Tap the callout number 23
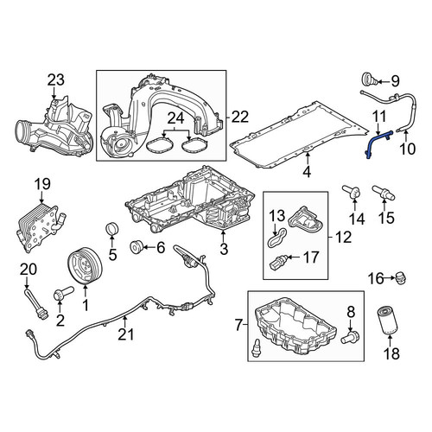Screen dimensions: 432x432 tap(56, 80)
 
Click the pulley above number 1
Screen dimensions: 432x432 tap(86, 265)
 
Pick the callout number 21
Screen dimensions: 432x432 tap(126, 334)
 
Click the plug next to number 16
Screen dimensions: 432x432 tap(401, 277)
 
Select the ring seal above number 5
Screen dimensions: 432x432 tap(111, 228)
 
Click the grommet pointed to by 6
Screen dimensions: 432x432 tap(136, 247)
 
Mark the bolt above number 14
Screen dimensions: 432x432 tap(351, 192)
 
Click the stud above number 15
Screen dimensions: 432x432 tap(384, 194)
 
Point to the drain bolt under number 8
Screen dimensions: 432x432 tap(350, 337)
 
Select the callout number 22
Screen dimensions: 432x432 tap(240, 117)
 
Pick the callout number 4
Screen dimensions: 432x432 tap(307, 172)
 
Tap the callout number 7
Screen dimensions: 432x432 tap(238, 326)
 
